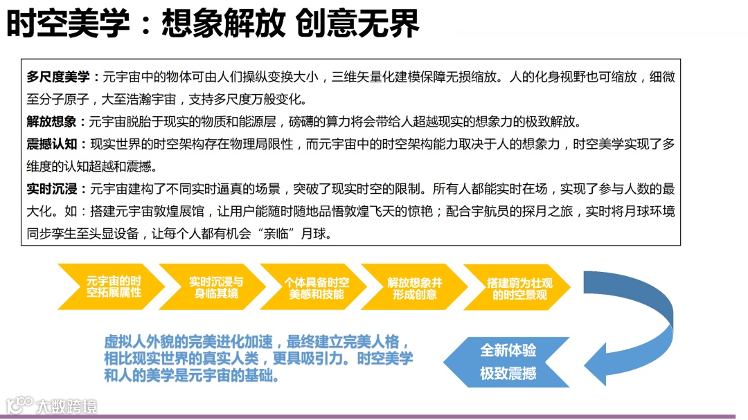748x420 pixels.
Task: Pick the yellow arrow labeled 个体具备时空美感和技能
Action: coord(317,286)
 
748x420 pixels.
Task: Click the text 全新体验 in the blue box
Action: coord(508,350)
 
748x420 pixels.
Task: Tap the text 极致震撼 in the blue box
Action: coord(508,374)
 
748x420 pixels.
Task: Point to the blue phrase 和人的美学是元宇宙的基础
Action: coord(191,376)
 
